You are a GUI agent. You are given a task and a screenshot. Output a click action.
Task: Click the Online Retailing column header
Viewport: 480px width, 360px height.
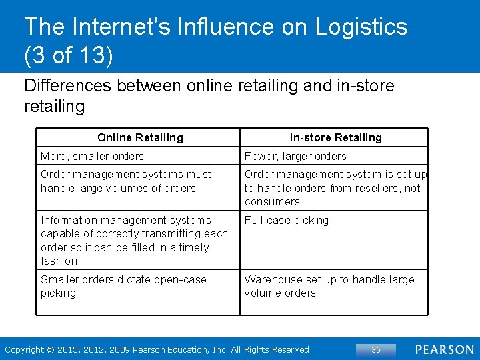[x=140, y=137]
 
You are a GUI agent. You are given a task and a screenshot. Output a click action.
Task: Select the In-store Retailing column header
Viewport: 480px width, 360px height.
[x=335, y=137]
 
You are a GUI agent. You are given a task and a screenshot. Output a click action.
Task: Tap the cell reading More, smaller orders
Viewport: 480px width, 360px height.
[x=92, y=156]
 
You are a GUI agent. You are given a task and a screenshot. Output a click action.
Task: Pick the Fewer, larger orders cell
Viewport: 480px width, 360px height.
[x=295, y=156]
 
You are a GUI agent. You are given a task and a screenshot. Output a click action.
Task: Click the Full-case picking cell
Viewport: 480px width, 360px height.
[x=287, y=220]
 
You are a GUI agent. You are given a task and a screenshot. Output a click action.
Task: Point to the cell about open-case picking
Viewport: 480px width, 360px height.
[x=123, y=286]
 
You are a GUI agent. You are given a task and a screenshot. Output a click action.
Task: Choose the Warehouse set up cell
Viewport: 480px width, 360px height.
[x=329, y=286]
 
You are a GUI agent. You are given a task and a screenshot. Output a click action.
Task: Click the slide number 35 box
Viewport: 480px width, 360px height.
[x=375, y=349]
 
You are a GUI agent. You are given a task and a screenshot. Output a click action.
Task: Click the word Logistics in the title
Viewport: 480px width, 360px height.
[x=361, y=27]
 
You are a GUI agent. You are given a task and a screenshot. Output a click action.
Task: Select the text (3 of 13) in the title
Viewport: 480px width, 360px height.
[x=69, y=55]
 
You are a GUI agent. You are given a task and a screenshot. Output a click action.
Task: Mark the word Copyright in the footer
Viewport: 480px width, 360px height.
[x=23, y=349]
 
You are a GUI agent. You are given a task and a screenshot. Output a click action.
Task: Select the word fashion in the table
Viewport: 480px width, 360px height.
[x=59, y=261]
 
